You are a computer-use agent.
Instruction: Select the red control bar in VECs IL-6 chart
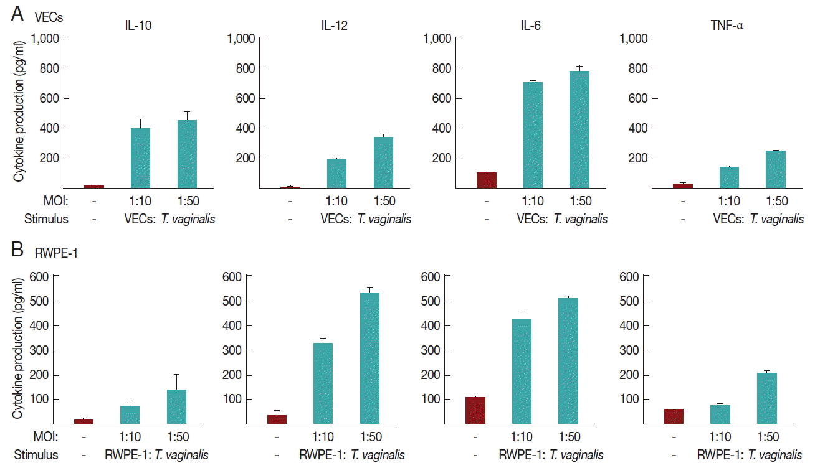coord(487,180)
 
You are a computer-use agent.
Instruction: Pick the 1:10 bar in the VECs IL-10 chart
coord(140,158)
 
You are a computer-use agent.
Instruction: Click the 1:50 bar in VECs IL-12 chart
coord(383,162)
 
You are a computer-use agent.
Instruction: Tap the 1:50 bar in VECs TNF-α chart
coord(776,169)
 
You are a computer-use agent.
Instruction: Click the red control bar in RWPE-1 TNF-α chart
coord(674,416)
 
